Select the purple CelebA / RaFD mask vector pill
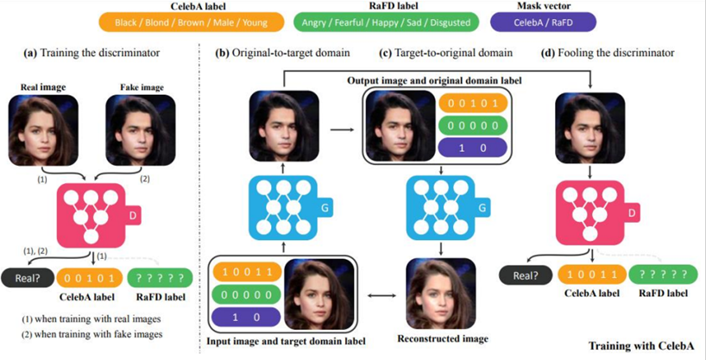[x=544, y=22]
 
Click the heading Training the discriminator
[x=100, y=53]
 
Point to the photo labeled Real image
[x=43, y=130]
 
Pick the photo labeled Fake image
[x=140, y=130]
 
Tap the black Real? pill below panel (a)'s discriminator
[x=27, y=279]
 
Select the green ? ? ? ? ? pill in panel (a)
[x=161, y=279]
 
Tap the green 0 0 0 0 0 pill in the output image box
[x=473, y=126]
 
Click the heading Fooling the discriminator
[x=616, y=53]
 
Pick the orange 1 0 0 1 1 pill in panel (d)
[x=592, y=274]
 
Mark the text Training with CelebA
[x=641, y=346]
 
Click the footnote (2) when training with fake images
[x=91, y=334]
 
